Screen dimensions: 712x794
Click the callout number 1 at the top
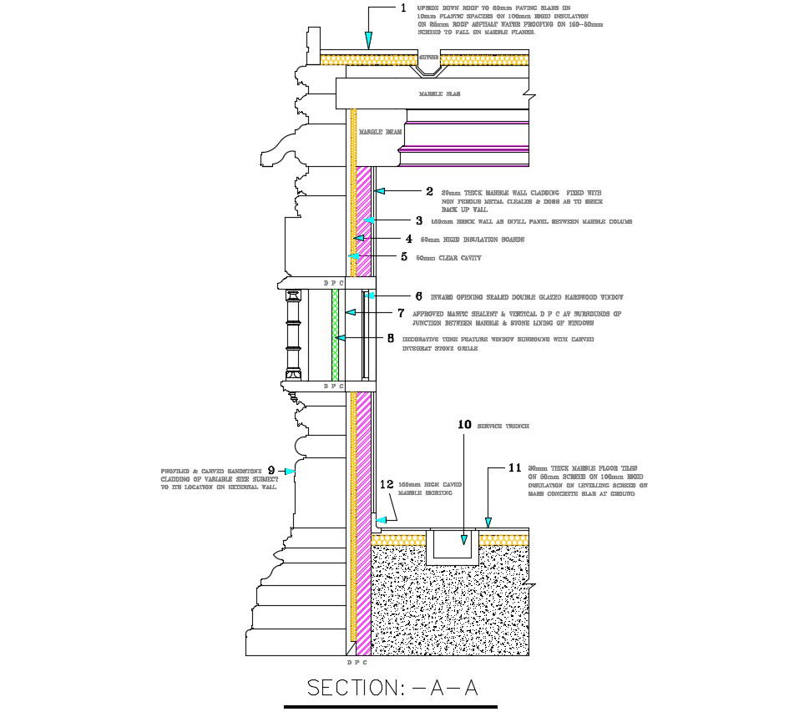[x=403, y=8]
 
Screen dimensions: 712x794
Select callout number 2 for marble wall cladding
[x=429, y=191]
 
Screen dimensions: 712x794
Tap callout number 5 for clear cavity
[x=405, y=256]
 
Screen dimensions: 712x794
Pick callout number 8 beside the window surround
[x=390, y=338]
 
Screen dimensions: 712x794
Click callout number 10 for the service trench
[x=465, y=424]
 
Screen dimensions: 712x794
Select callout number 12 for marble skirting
[x=386, y=484]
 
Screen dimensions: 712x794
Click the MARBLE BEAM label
[x=380, y=132]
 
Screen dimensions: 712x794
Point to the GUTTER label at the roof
[x=428, y=57]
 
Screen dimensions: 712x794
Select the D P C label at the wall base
[x=357, y=662]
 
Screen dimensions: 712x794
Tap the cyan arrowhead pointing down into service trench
[x=464, y=539]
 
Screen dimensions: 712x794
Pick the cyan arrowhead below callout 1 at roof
[x=367, y=39]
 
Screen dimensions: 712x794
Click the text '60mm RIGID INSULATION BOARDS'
[x=472, y=240]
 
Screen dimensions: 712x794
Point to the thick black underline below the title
[x=390, y=706]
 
